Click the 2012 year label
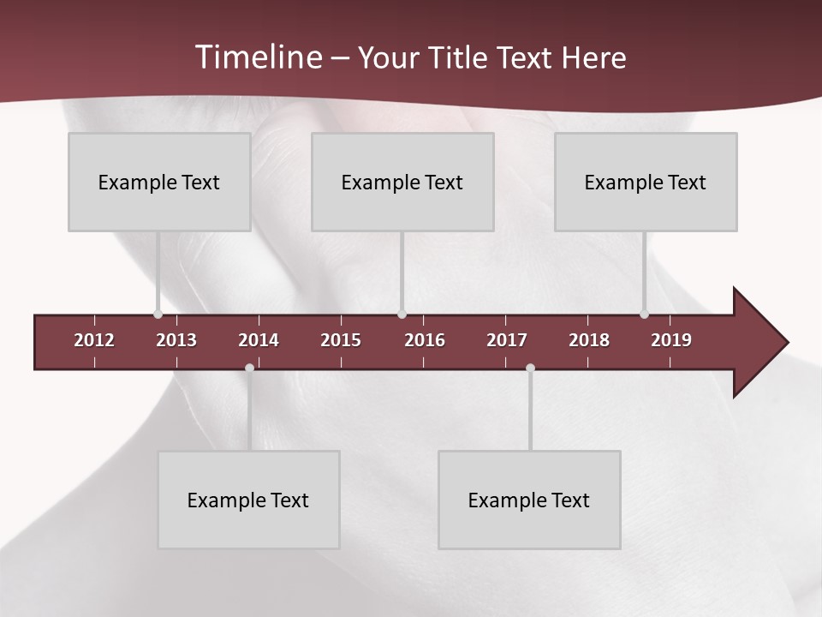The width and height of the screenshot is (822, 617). tap(94, 340)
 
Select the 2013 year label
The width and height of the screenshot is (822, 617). tap(176, 340)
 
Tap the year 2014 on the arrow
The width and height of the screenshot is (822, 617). tap(259, 340)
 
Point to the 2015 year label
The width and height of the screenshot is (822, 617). tap(341, 340)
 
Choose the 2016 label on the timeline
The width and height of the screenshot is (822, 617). tap(425, 340)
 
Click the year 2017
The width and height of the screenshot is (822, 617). tap(507, 340)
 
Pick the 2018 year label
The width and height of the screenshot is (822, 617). tap(589, 340)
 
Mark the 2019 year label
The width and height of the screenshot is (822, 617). tap(671, 340)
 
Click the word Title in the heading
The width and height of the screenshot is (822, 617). tap(459, 57)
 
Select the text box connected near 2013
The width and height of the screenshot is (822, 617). tap(159, 182)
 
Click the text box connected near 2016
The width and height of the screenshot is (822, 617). tap(402, 182)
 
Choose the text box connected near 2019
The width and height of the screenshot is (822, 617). tap(646, 182)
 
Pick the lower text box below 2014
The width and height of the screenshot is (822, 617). tap(248, 500)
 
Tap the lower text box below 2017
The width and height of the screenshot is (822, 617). tap(529, 500)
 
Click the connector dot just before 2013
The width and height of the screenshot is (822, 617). tap(158, 314)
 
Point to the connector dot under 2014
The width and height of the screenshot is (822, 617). tap(249, 368)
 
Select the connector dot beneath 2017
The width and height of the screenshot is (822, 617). tap(530, 368)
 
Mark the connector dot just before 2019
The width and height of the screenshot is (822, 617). tap(644, 314)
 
